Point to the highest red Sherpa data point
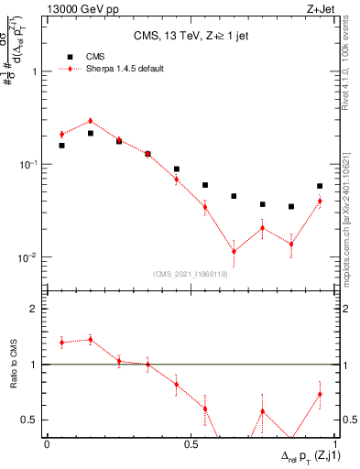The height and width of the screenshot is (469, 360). pyautogui.click(x=91, y=121)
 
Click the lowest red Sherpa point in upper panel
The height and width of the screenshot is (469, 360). pyautogui.click(x=234, y=251)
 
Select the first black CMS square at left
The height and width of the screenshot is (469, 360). pyautogui.click(x=61, y=146)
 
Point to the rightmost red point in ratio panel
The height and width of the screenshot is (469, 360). pyautogui.click(x=320, y=394)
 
